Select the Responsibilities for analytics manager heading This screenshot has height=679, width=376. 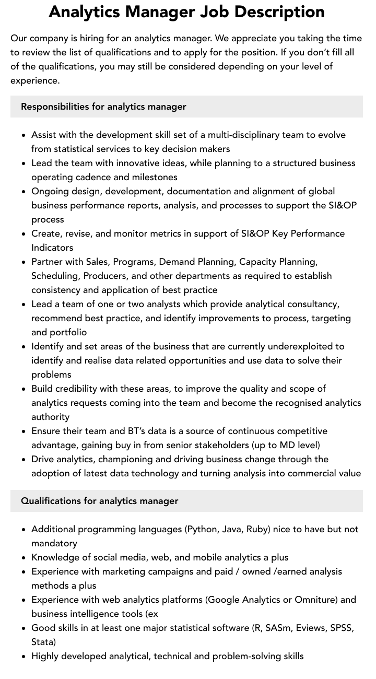[103, 107]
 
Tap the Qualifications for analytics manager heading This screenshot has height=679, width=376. [99, 501]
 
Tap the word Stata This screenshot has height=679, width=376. [43, 642]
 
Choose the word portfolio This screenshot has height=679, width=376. [68, 332]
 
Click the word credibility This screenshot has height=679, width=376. [79, 389]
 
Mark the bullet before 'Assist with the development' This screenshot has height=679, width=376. [24, 135]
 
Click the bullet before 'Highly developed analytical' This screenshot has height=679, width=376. [24, 657]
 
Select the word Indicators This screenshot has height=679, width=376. [52, 248]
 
